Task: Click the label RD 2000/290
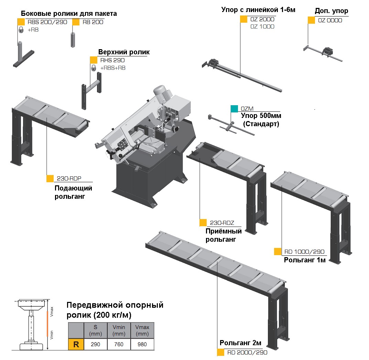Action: tap(247, 352)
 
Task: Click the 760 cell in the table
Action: tap(119, 345)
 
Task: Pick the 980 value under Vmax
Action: tap(142, 345)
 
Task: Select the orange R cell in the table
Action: tap(76, 345)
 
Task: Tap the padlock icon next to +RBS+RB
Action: tap(93, 68)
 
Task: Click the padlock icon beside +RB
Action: tap(21, 30)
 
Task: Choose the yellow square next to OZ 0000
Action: tap(311, 20)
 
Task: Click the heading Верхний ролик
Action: tap(124, 52)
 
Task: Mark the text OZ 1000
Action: tap(262, 27)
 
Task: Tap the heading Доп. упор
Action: tap(331, 11)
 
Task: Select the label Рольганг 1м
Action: tap(304, 260)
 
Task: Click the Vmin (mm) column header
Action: tap(119, 330)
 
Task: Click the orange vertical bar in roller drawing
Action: tap(47, 324)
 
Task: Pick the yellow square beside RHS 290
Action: tap(94, 60)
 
